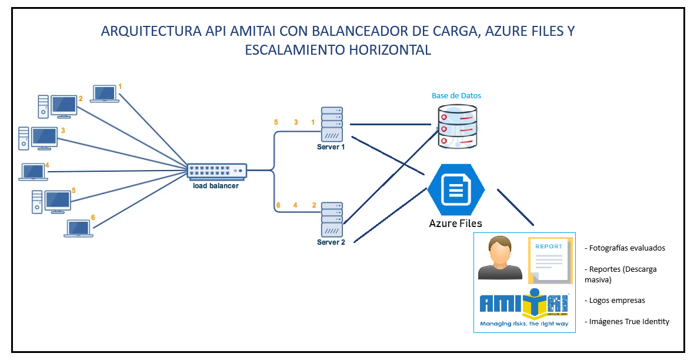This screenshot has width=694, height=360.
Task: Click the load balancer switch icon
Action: (x=217, y=171)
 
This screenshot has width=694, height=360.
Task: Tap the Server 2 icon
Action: (x=331, y=220)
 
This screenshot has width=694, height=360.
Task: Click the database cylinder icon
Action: (x=457, y=126)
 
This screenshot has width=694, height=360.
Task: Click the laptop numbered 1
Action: (x=105, y=94)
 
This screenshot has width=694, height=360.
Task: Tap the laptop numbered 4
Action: (x=34, y=172)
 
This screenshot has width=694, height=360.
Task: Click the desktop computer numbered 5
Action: (x=52, y=202)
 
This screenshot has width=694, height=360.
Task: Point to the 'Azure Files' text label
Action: (x=455, y=224)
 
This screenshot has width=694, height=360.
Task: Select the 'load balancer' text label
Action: (x=216, y=186)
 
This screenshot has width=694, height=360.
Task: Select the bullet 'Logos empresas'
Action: (x=615, y=300)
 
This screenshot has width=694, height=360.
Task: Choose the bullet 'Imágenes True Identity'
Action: (x=627, y=321)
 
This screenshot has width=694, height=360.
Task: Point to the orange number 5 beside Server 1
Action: (x=276, y=122)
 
